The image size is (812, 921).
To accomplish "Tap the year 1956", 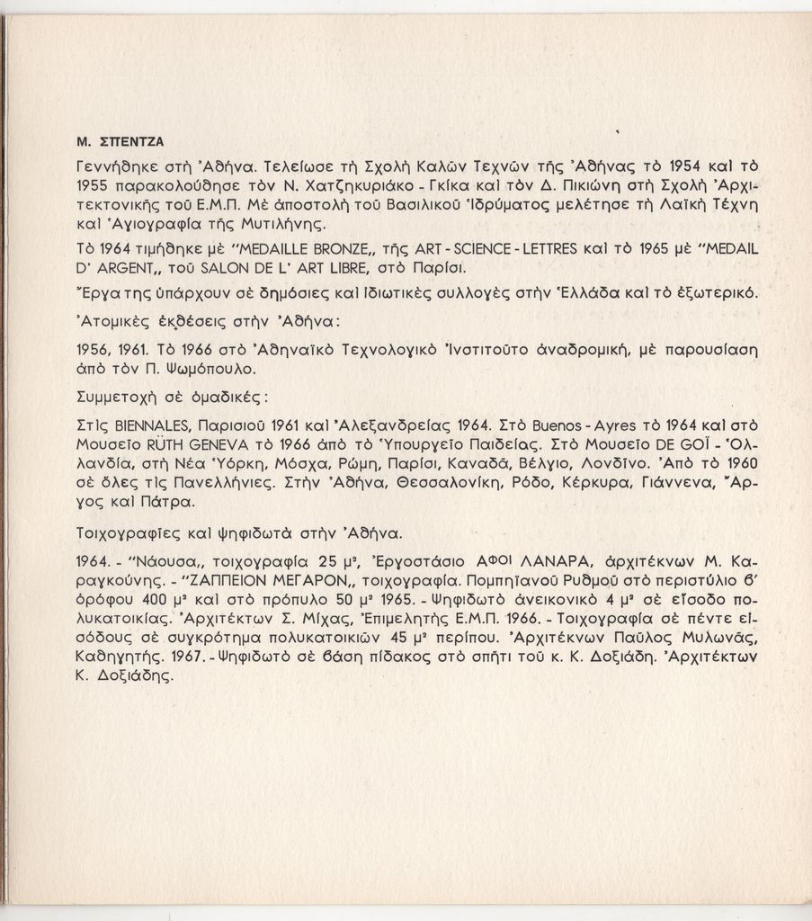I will coord(94,349).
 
